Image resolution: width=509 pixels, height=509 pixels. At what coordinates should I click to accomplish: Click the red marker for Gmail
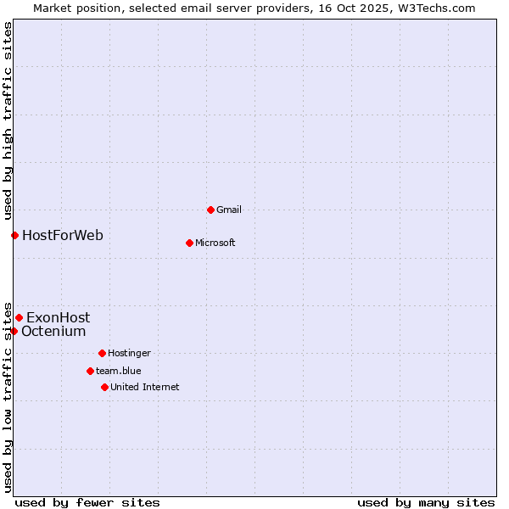pyautogui.click(x=210, y=210)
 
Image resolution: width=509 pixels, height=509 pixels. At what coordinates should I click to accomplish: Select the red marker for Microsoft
pyautogui.click(x=189, y=243)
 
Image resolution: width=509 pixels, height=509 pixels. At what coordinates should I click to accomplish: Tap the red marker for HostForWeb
pyautogui.click(x=14, y=235)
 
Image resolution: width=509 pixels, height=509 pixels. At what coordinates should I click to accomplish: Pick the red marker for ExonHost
pyautogui.click(x=19, y=317)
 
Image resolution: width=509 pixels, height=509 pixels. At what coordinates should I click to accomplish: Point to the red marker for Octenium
pyautogui.click(x=14, y=331)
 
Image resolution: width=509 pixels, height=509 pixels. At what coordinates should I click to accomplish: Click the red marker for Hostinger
pyautogui.click(x=102, y=353)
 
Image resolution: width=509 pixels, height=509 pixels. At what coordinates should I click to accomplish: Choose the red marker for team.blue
pyautogui.click(x=90, y=371)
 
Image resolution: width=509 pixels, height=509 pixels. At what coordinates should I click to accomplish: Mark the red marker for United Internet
pyautogui.click(x=104, y=387)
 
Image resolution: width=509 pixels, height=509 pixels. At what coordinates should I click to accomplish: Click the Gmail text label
pyautogui.click(x=228, y=210)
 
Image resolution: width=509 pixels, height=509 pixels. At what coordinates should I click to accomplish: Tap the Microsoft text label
pyautogui.click(x=215, y=243)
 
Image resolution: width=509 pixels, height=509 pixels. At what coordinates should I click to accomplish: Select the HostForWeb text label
pyautogui.click(x=63, y=235)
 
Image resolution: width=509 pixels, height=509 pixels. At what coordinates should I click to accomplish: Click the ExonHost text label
pyautogui.click(x=58, y=317)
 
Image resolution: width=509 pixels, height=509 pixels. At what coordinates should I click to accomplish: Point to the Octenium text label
pyautogui.click(x=53, y=331)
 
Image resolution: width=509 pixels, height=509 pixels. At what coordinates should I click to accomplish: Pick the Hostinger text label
pyautogui.click(x=129, y=353)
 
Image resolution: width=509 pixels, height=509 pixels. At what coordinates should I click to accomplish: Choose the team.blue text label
pyautogui.click(x=118, y=371)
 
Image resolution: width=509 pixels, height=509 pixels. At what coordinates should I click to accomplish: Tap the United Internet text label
pyautogui.click(x=144, y=387)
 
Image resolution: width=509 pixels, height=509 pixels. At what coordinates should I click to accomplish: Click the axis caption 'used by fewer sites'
pyautogui.click(x=87, y=502)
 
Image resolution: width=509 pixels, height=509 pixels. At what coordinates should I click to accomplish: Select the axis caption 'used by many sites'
pyautogui.click(x=426, y=502)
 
